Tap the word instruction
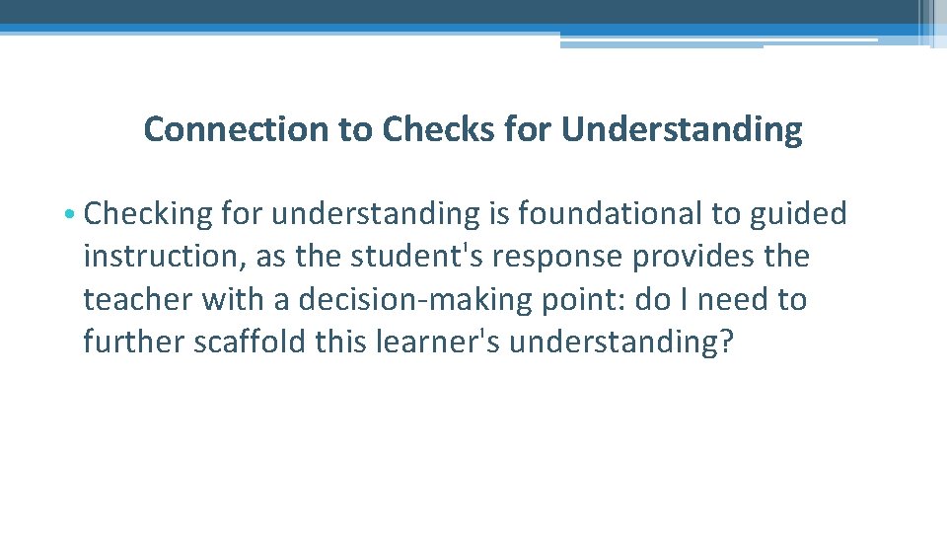pos(164,257)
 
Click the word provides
pos(696,257)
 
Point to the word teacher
pos(138,299)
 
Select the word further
pos(132,342)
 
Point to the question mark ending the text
pos(727,342)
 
